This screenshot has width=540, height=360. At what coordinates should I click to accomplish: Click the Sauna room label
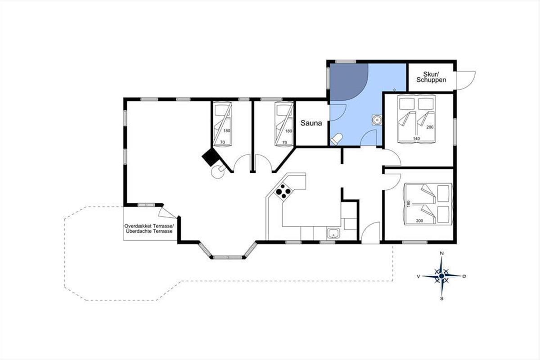pos(311,123)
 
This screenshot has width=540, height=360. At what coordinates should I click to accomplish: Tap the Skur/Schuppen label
pos(431,77)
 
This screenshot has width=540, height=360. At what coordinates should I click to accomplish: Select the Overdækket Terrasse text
pos(149,226)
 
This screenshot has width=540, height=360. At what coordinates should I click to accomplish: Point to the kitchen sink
pos(333,234)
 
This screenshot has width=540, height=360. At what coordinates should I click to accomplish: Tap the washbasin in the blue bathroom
pos(377,120)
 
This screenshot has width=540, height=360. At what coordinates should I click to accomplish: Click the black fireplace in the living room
pos(211,157)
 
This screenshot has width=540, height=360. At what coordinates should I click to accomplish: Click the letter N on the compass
pos(442,253)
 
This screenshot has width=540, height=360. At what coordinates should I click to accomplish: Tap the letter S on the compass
pos(442,298)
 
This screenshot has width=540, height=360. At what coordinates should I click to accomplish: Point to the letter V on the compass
pos(418,276)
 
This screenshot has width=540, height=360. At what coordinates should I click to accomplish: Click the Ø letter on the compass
pos(464,276)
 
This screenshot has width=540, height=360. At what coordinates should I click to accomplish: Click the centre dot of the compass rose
pos(441,276)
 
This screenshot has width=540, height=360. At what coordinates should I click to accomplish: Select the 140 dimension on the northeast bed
pos(416,139)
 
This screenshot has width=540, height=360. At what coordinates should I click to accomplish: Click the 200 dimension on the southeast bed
pos(419,220)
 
